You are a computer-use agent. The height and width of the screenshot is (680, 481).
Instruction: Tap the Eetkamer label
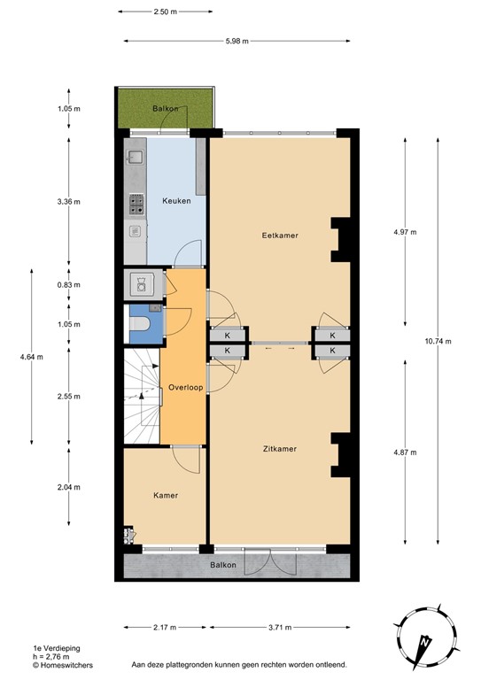[x=279, y=236]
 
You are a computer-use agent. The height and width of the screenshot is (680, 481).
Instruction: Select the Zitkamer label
[x=279, y=449]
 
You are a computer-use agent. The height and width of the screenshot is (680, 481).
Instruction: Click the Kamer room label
[x=166, y=495]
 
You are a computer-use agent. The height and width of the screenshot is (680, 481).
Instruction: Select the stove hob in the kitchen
[x=137, y=205]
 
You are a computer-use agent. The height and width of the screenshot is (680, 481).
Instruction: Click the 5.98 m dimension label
[x=237, y=41]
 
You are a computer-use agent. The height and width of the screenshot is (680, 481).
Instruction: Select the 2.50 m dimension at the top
[x=165, y=13]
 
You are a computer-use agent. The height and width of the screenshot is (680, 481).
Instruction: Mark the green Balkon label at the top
[x=166, y=109]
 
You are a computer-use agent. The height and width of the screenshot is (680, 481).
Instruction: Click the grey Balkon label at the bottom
[x=223, y=565]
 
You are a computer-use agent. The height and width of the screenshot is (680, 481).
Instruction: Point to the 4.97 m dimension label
[x=404, y=232]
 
